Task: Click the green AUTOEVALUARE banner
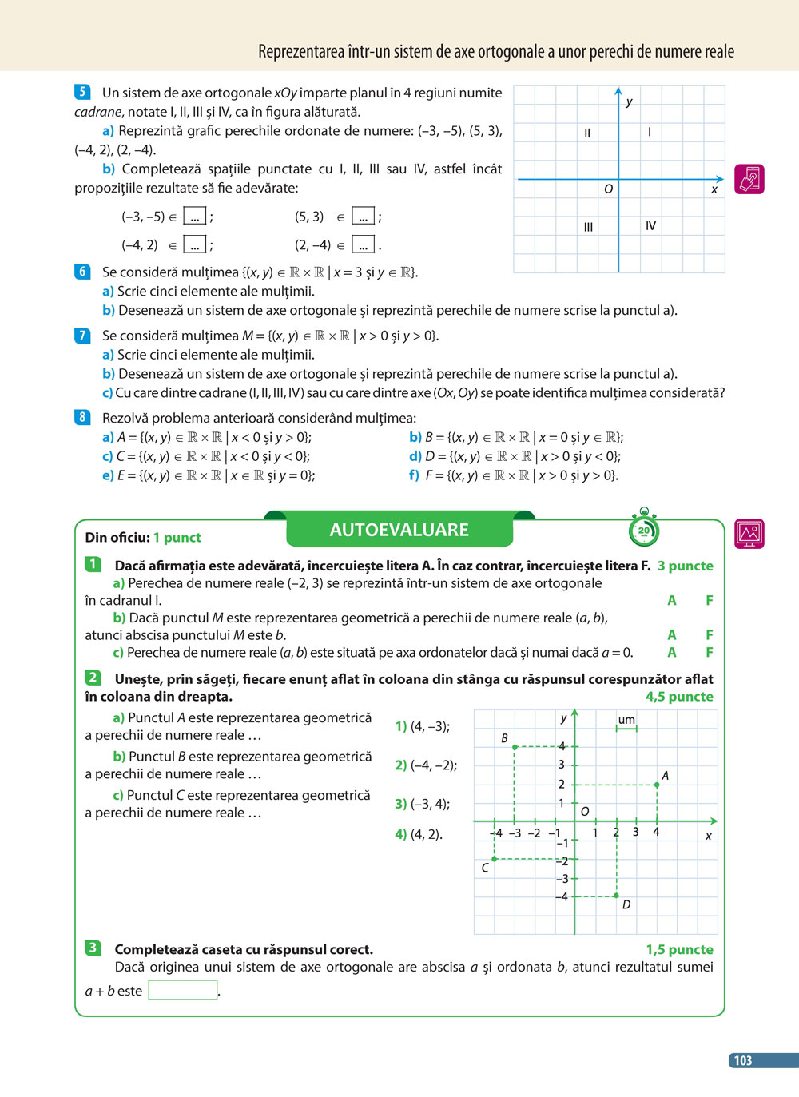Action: (x=399, y=530)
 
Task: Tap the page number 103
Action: (x=743, y=1060)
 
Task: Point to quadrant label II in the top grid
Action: (x=587, y=133)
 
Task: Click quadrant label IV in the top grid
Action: (x=650, y=226)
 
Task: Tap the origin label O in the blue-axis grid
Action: (x=608, y=189)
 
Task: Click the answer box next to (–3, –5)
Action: (x=195, y=217)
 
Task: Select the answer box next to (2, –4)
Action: (x=363, y=245)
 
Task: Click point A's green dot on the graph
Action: (x=657, y=785)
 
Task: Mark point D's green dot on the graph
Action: (x=616, y=896)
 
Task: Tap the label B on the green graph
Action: (x=504, y=738)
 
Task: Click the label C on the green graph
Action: (x=485, y=867)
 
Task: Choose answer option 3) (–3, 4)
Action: (x=423, y=804)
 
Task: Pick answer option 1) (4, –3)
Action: (x=423, y=726)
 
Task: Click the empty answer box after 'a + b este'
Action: (x=183, y=991)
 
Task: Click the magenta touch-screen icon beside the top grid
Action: (x=749, y=179)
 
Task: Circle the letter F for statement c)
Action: (x=709, y=652)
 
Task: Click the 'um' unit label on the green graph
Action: (x=626, y=720)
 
